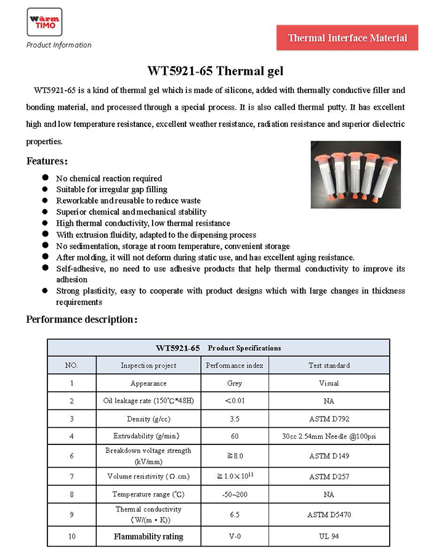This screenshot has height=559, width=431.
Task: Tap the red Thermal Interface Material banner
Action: pos(347,38)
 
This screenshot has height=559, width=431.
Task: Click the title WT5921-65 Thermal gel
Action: pos(215,71)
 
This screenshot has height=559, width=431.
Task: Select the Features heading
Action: pos(47,161)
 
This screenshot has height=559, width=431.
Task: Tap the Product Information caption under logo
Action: pos(59,45)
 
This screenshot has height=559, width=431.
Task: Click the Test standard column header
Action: pos(329,365)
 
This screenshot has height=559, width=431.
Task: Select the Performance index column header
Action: pos(235,365)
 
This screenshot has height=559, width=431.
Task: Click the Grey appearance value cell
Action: pos(235,383)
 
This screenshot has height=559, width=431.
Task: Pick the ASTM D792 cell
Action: pos(329,419)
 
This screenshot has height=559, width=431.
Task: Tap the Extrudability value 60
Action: pos(235,436)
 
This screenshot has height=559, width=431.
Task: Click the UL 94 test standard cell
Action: pos(329,537)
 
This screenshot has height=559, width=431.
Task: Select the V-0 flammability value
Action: pos(235,537)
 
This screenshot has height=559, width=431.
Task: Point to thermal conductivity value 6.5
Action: pos(235,514)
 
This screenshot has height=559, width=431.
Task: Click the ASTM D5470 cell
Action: pos(329,514)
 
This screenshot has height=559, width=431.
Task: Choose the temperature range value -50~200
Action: pos(235,494)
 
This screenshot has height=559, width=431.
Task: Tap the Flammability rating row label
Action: pos(148,537)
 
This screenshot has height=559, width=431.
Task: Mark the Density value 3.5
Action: pos(235,419)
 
